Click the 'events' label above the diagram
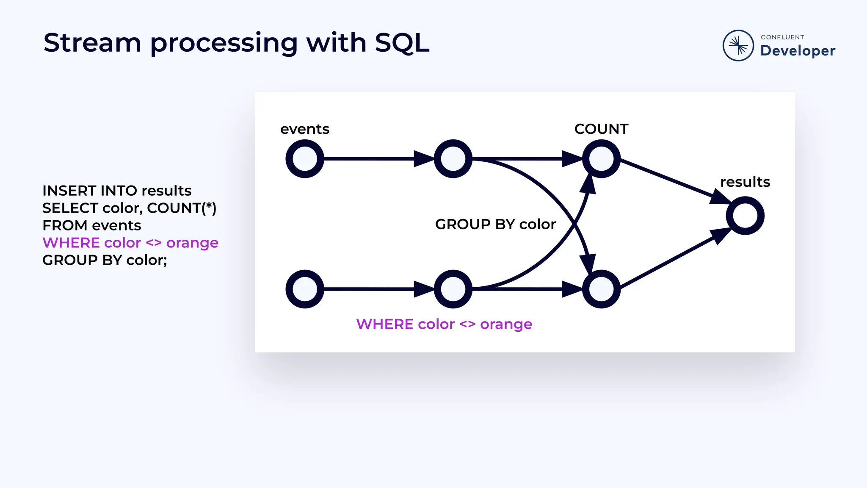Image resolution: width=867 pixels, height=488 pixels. (305, 129)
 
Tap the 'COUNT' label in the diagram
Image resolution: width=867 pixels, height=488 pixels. (601, 129)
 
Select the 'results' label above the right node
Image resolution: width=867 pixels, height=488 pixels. (745, 182)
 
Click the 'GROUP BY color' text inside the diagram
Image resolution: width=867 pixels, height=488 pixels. (495, 224)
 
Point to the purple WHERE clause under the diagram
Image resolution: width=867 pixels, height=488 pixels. (444, 324)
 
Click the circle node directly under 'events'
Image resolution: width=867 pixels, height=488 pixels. (305, 159)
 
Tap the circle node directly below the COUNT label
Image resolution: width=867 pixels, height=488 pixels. (601, 159)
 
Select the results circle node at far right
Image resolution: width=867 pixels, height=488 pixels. (745, 216)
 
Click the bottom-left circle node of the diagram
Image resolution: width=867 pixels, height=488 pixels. (305, 289)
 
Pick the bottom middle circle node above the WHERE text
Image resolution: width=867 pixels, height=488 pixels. (453, 289)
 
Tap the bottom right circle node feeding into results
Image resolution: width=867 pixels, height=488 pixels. (601, 289)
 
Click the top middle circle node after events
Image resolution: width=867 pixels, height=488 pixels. (453, 159)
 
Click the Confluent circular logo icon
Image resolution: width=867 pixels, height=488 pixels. (738, 45)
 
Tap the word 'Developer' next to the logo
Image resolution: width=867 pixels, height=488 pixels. (798, 51)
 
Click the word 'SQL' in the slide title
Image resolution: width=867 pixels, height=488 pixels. (402, 43)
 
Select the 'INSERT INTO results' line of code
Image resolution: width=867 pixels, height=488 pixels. (117, 191)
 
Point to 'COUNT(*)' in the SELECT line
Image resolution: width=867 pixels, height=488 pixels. (182, 208)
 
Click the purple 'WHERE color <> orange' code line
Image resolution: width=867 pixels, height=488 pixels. (130, 243)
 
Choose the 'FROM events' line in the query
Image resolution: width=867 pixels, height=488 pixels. (91, 225)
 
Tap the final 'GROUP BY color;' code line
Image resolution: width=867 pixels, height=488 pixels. (105, 260)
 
